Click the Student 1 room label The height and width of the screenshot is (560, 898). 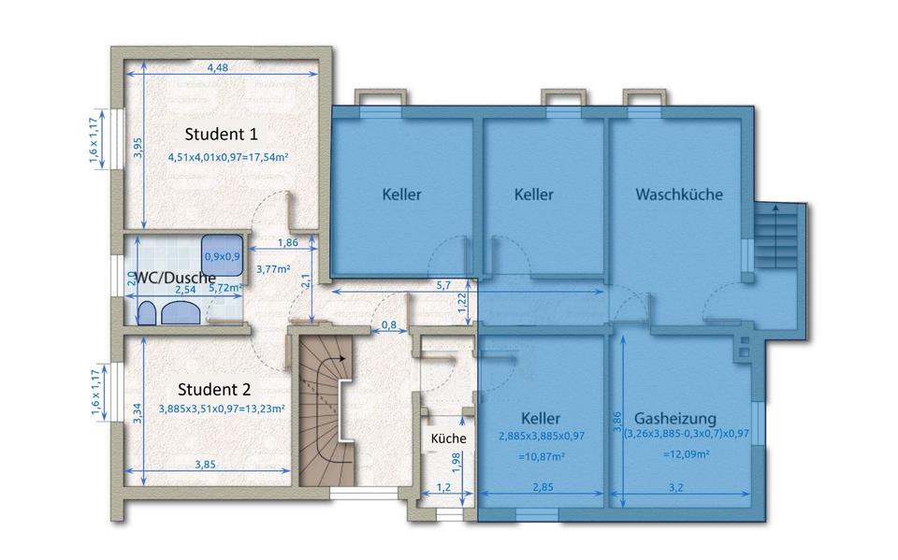pos(221,132)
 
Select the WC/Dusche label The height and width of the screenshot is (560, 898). pos(176,277)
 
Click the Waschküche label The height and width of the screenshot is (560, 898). pos(679,194)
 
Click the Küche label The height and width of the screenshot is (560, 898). pos(448,438)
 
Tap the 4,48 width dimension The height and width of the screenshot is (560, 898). pos(217,67)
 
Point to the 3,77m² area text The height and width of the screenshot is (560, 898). pos(273,270)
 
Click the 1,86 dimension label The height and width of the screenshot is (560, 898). pos(288,243)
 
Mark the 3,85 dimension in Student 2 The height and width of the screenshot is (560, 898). pos(207,464)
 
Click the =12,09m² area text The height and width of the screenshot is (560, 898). pos(686,454)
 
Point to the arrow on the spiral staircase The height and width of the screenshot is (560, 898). pos(341,357)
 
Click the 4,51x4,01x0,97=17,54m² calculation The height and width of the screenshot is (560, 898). pos(227,157)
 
